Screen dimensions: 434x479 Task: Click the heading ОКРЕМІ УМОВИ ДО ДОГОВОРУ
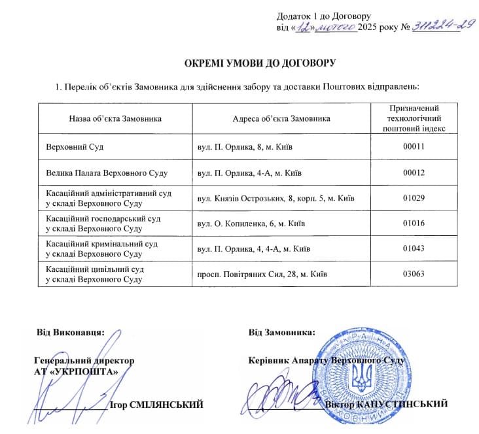pos(260,63)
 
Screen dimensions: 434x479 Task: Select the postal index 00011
pos(414,146)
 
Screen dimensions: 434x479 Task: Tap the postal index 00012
pos(414,173)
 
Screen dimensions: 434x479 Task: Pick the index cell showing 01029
pos(414,198)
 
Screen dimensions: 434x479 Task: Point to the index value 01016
pos(414,224)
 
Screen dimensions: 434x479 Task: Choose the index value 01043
pos(414,249)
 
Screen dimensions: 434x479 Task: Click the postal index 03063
pos(414,274)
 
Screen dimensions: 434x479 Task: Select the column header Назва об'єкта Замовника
pos(115,118)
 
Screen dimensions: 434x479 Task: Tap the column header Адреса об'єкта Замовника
pos(281,118)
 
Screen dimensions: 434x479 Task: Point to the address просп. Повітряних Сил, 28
pos(262,274)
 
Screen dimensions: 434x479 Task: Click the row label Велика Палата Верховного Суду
pos(107,173)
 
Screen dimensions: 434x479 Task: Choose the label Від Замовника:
pos(282,332)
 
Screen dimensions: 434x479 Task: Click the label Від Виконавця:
pos(70,332)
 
